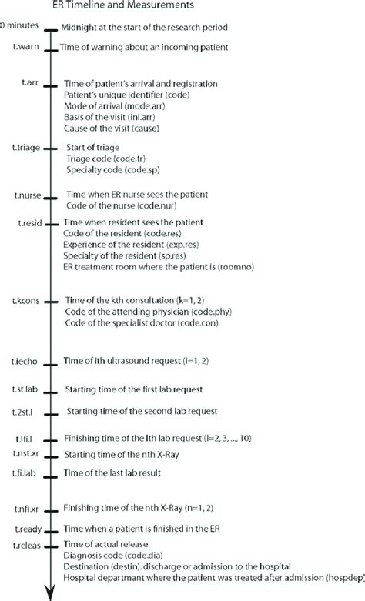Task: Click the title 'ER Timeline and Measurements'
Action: click(x=127, y=7)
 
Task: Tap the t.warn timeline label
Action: click(x=28, y=48)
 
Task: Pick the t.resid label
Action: click(x=28, y=222)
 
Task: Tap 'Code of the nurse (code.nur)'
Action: click(x=126, y=205)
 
